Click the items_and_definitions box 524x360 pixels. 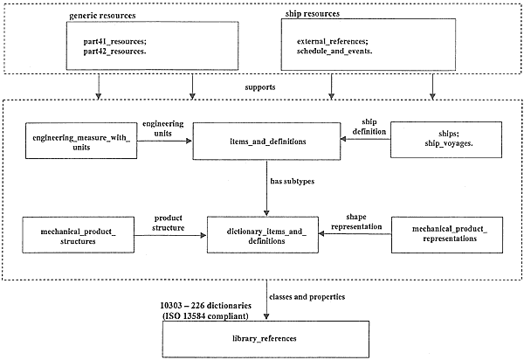[266, 141]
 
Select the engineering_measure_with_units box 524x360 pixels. [81, 141]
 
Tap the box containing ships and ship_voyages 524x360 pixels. [446, 140]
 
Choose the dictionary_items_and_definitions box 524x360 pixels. [263, 235]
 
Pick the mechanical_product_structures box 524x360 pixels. [79, 235]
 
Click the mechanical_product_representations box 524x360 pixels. [447, 235]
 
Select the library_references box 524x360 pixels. [266, 339]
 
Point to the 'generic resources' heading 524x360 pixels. [102, 16]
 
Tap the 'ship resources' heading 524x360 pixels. [313, 14]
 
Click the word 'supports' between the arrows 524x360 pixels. [260, 87]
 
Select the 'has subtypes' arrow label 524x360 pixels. [293, 181]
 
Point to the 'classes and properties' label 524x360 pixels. [307, 297]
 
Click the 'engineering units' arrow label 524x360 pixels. [163, 128]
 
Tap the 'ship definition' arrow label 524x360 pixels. [369, 127]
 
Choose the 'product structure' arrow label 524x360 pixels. [168, 223]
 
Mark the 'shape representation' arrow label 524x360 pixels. [356, 222]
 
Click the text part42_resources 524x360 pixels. [114, 52]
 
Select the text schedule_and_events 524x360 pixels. [334, 52]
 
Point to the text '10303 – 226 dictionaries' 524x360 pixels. [206, 306]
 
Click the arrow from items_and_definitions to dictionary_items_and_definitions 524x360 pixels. [266, 188]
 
